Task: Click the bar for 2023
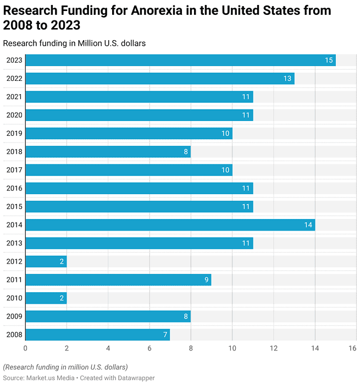pos(180,61)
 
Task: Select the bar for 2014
pos(170,225)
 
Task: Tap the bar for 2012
pos(46,261)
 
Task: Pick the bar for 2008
pos(98,334)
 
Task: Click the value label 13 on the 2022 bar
pos(287,79)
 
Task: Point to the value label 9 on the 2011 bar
pos(207,280)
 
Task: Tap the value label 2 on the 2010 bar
pos(62,298)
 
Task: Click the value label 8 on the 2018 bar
pos(186,152)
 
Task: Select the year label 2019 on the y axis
pos(14,134)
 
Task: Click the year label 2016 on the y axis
pos(14,189)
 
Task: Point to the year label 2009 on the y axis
pos(14,316)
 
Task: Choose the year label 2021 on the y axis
pos(14,97)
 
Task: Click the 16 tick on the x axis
pos(352,348)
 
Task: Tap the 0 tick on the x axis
pos(25,348)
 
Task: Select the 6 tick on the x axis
pos(149,348)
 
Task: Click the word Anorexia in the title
pos(156,11)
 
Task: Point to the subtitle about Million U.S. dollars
pos(74,43)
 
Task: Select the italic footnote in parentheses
pos(65,367)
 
